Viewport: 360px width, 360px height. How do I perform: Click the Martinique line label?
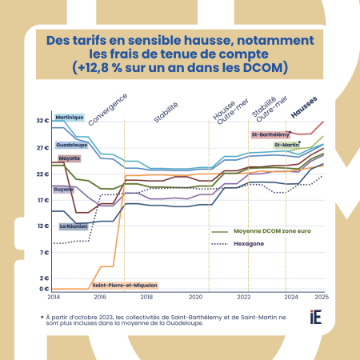(x=70, y=118)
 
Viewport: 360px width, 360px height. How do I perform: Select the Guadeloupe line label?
(x=71, y=145)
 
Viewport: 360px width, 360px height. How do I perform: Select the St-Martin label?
(x=286, y=146)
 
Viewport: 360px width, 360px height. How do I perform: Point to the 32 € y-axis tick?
(x=42, y=122)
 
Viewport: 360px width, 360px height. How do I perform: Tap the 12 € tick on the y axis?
(x=42, y=226)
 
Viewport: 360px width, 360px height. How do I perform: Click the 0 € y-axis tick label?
(x=44, y=288)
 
